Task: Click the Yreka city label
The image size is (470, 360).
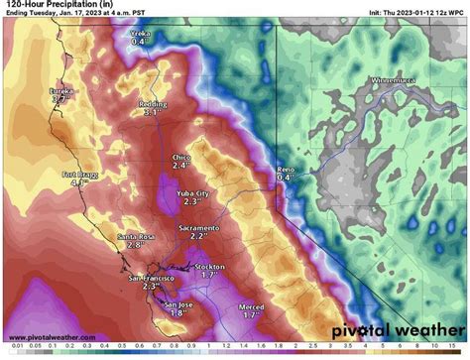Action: tap(138, 32)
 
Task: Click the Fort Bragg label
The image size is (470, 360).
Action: tap(80, 176)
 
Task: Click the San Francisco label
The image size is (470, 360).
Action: tap(152, 278)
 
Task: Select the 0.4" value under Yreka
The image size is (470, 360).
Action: tap(138, 42)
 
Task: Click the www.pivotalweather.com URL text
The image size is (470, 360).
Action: tap(51, 337)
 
